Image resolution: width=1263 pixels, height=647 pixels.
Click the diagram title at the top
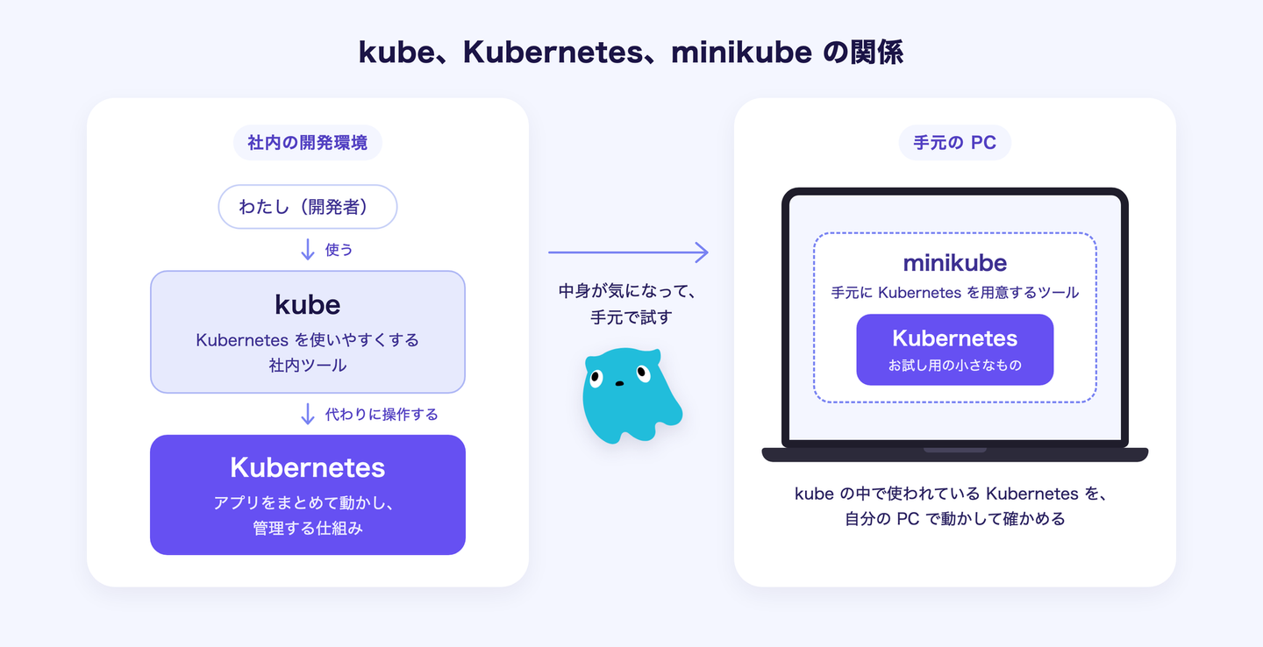tap(631, 53)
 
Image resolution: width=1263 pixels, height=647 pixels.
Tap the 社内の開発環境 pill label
tap(308, 143)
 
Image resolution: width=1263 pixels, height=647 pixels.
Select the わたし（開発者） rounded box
tap(308, 207)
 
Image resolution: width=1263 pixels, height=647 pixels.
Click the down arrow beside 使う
tap(308, 249)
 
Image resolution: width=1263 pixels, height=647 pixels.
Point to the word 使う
tap(339, 250)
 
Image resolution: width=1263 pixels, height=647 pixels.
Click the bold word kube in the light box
tap(308, 305)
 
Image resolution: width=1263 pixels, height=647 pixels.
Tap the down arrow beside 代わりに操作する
tap(308, 414)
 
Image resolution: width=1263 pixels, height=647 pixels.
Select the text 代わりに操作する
tap(382, 414)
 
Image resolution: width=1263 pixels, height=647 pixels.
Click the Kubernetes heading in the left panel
tap(308, 468)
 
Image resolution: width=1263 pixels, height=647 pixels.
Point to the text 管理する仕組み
tap(308, 528)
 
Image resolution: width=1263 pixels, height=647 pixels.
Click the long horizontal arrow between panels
tap(628, 252)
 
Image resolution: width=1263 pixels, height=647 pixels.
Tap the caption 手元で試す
tap(631, 317)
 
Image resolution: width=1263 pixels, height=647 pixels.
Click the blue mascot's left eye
tap(596, 378)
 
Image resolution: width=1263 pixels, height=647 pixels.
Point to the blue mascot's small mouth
tap(619, 384)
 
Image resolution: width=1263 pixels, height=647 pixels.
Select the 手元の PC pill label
tap(954, 143)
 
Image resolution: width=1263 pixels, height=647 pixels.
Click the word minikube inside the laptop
tap(954, 263)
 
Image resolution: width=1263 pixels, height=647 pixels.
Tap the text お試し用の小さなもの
tap(954, 366)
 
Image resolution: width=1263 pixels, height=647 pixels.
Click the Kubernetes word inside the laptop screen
tap(954, 338)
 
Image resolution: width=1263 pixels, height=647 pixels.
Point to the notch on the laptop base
tap(954, 451)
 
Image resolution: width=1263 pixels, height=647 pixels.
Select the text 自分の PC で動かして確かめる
tap(954, 518)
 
